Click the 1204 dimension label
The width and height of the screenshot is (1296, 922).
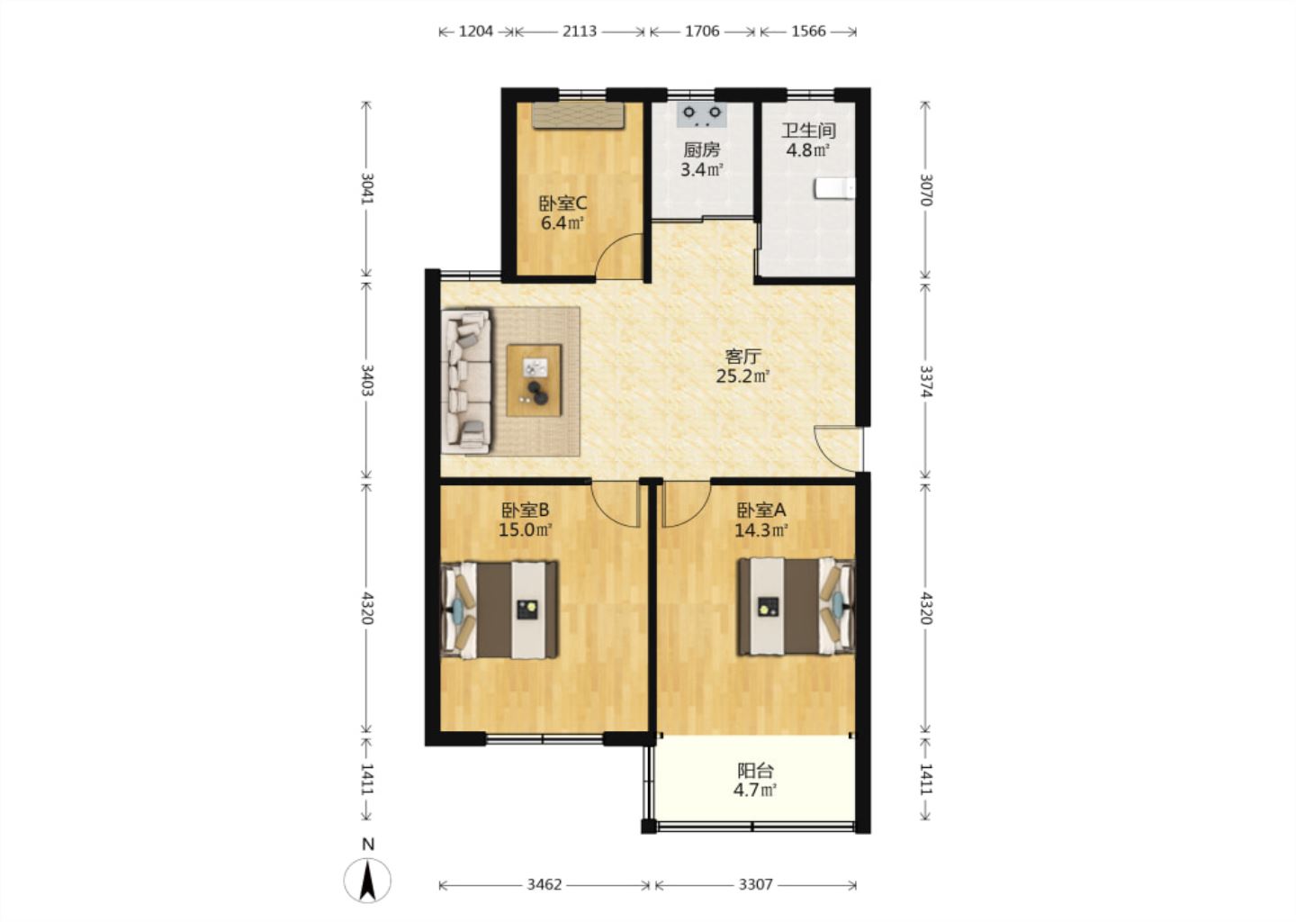(x=475, y=32)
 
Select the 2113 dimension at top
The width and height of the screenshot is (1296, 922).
(x=580, y=32)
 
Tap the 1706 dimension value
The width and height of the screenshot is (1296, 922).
(x=702, y=32)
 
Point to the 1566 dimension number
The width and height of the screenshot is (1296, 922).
(x=808, y=32)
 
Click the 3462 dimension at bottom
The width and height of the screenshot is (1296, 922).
(x=544, y=884)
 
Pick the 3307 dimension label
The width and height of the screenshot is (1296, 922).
(x=756, y=884)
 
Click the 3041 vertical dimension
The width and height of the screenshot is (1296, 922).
(x=367, y=188)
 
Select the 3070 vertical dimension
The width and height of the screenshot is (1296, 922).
(x=926, y=190)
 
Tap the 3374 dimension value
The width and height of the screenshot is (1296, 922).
(x=926, y=381)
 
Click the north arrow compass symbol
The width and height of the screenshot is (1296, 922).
(x=367, y=880)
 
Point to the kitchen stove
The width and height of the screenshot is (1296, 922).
(x=702, y=115)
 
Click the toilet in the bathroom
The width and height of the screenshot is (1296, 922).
(x=834, y=189)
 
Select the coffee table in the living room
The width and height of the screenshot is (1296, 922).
(x=534, y=380)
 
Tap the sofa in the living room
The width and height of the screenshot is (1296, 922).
(x=466, y=381)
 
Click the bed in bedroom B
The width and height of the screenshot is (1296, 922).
(x=499, y=610)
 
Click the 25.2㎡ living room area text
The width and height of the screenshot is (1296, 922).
(x=742, y=376)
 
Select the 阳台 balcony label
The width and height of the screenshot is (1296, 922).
(x=756, y=771)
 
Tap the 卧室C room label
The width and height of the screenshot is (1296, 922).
(x=562, y=203)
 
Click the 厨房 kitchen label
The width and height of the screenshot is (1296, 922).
(x=702, y=149)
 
